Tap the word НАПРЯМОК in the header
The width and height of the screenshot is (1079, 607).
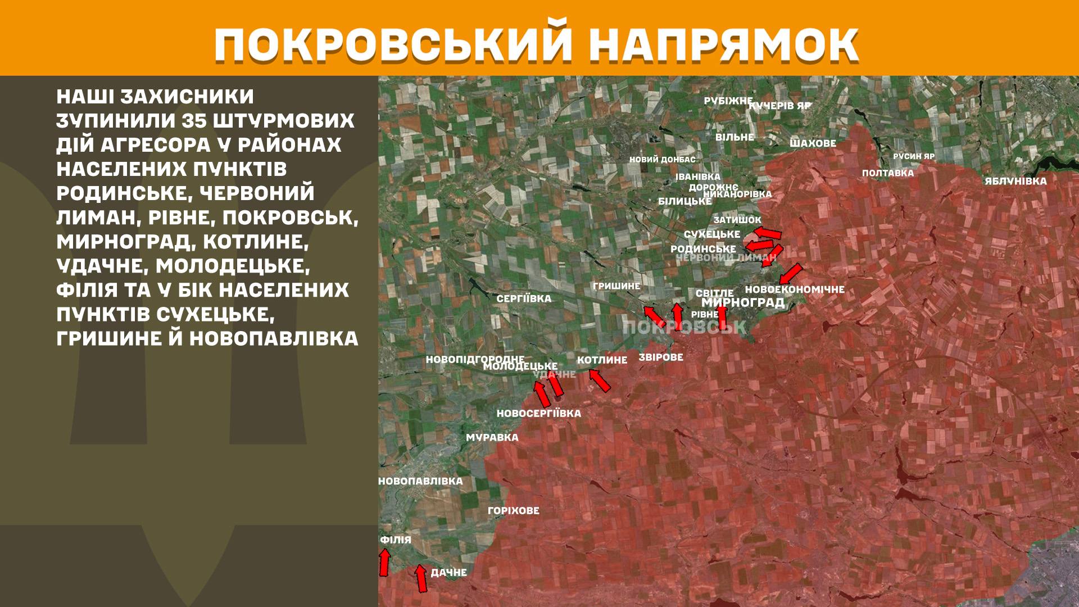coord(726,44)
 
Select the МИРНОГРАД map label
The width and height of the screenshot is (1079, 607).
coord(743,302)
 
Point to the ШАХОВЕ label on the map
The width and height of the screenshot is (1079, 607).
coord(813,143)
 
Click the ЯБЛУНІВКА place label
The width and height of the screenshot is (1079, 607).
coord(1015,181)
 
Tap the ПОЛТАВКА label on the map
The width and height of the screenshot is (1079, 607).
coord(888,173)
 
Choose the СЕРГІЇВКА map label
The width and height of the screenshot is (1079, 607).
coord(524,298)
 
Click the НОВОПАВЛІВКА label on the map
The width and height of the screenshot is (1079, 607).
coord(420,481)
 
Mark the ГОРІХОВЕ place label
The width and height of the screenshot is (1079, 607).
coord(513,510)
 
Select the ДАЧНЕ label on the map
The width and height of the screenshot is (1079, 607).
coord(448,572)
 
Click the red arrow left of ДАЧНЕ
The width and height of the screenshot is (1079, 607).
coord(420,578)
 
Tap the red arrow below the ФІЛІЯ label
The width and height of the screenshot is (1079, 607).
coord(384,563)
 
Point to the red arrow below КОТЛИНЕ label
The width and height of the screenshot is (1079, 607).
coord(600,380)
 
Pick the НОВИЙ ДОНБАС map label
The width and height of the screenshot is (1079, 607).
coord(662,160)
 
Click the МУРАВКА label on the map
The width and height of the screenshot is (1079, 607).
coord(492,437)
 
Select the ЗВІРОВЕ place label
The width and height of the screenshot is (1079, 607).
coord(661,357)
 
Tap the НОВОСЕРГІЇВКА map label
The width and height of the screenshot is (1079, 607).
coord(538,413)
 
